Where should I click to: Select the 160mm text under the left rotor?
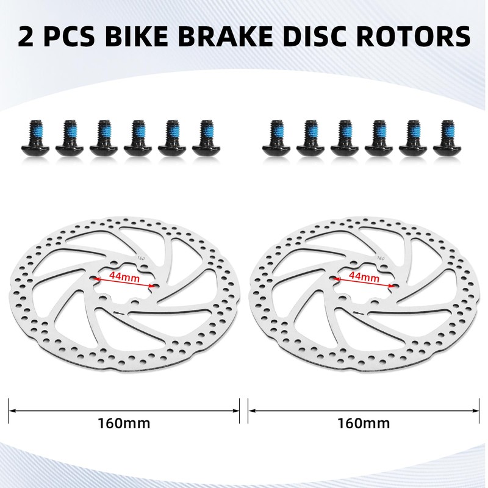pos(124,422)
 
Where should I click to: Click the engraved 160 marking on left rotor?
pos(142,259)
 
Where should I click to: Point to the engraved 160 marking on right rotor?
pos(381,259)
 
